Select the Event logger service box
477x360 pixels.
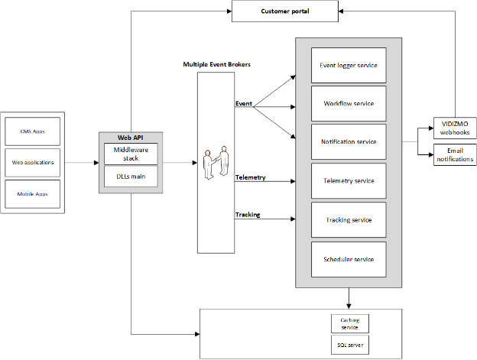click(348, 65)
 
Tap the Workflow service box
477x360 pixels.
click(348, 103)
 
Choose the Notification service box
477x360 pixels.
click(348, 141)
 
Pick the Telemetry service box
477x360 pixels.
click(348, 181)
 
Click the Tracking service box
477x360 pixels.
click(348, 220)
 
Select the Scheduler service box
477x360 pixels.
click(348, 259)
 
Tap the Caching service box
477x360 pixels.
click(349, 323)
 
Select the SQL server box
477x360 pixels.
click(349, 345)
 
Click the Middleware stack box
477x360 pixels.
click(131, 154)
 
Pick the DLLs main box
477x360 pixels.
click(131, 177)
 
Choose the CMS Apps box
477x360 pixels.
click(32, 131)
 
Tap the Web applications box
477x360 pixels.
click(32, 162)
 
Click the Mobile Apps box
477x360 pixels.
click(32, 194)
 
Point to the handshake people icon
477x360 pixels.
click(216, 164)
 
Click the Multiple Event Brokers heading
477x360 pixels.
click(217, 64)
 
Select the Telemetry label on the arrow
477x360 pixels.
click(250, 177)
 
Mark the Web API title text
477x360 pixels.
click(131, 138)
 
